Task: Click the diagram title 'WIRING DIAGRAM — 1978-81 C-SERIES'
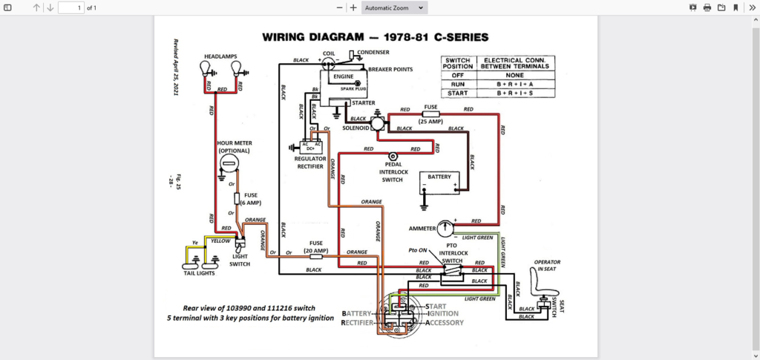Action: coord(376,36)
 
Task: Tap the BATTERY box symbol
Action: coord(439,182)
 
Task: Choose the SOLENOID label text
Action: coord(356,128)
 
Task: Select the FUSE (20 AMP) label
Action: coord(315,246)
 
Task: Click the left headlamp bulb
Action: coord(206,69)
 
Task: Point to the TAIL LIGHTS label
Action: coord(199,273)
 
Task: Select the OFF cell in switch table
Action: coord(458,75)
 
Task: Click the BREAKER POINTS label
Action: coord(390,70)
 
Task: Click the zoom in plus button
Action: coord(353,7)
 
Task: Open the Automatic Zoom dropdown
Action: coord(394,7)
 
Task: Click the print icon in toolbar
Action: coord(707,7)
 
